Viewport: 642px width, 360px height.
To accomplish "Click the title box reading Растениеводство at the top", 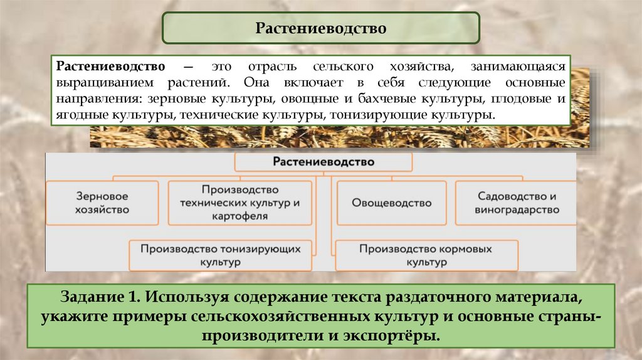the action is coord(320,28).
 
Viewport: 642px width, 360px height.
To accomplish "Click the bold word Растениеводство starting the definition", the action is coord(112,66).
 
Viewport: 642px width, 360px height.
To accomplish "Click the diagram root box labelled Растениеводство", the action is coord(323,162).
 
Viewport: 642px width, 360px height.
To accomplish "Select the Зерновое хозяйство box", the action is coord(103,203).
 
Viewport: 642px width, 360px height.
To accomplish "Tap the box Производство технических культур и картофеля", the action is coord(240,203).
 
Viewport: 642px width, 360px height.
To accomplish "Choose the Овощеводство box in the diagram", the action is coord(391,203).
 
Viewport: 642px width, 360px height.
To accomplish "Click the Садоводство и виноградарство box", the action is coord(516,203).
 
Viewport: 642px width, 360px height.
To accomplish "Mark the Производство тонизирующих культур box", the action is coord(221,255).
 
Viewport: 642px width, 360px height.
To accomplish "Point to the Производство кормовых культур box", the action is coord(426,255).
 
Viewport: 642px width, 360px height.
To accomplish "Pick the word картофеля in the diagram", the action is coord(240,216).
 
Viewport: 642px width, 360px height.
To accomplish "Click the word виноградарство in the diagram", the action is coord(517,210).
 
